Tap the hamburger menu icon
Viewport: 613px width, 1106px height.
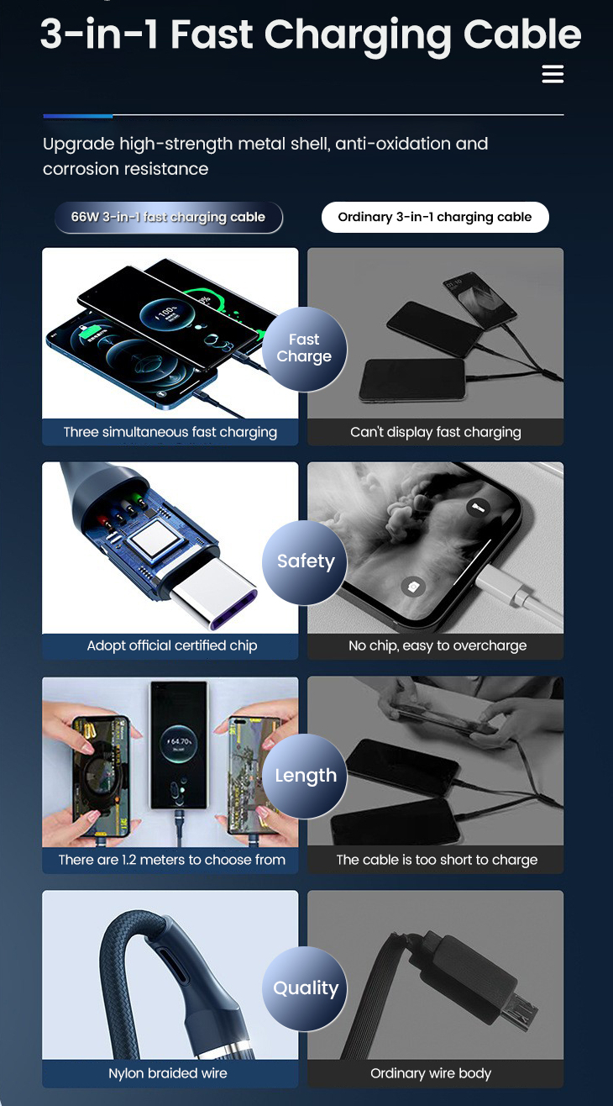(x=553, y=74)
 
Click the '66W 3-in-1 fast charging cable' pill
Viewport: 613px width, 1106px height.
(x=168, y=217)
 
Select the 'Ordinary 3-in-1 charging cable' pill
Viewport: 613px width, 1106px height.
(x=434, y=217)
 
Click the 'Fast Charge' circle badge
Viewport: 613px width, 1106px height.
(x=304, y=349)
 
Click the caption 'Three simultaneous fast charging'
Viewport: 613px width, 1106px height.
(x=170, y=432)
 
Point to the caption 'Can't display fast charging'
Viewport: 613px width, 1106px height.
(x=436, y=432)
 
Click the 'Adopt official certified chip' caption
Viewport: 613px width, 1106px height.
(x=172, y=645)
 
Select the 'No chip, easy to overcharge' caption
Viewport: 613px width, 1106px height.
(x=437, y=645)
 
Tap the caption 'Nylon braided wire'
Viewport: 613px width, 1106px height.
(x=168, y=1073)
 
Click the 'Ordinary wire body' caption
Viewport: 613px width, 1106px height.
(x=431, y=1073)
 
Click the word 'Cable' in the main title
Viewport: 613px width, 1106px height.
(x=522, y=34)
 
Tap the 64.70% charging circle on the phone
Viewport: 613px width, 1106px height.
(x=179, y=741)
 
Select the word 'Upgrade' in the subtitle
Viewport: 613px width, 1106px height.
(x=79, y=145)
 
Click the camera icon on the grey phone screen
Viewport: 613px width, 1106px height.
(x=413, y=586)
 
